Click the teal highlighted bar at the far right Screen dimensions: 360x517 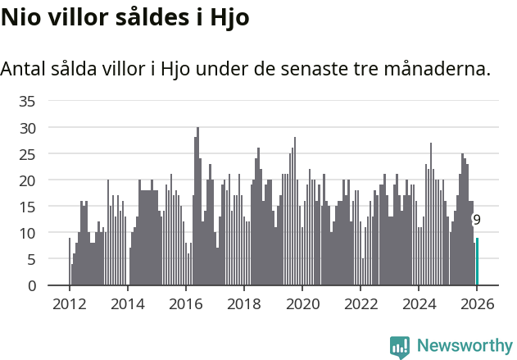[477, 262]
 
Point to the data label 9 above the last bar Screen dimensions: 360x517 [477, 220]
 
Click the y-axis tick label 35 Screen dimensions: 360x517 [28, 102]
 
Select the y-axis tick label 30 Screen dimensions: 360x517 [28, 128]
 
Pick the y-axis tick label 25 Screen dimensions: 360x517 [28, 154]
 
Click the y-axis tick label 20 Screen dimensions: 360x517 [28, 180]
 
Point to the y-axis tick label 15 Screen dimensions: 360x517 [28, 207]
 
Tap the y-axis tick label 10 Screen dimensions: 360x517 [28, 233]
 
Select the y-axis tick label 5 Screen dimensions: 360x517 [32, 259]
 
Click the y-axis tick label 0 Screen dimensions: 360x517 [32, 285]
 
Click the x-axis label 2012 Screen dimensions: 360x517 [69, 304]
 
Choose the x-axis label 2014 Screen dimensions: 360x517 [127, 304]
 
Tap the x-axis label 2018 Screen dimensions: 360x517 [243, 304]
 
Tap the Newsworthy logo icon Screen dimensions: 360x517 [400, 348]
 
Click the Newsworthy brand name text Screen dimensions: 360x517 [464, 347]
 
